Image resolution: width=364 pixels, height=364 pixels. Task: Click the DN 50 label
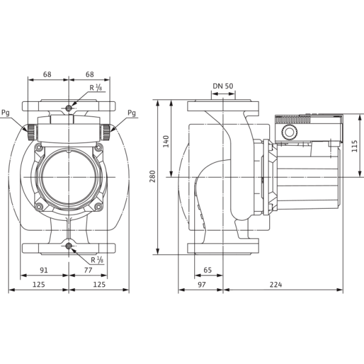[223, 86]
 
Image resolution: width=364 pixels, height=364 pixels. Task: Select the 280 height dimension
[152, 177]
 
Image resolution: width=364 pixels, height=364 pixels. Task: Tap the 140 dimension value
[166, 141]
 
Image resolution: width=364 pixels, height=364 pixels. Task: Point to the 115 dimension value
[354, 146]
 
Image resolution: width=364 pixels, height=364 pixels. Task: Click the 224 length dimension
[276, 285]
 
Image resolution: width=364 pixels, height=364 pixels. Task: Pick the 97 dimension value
[201, 285]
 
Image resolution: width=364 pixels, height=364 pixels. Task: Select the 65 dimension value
[207, 270]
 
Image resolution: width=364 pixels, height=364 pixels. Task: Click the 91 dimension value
[44, 270]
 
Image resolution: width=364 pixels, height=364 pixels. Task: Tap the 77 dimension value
[88, 270]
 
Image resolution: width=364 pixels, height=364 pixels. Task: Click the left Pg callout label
[5, 113]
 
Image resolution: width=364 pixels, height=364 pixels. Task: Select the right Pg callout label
[132, 113]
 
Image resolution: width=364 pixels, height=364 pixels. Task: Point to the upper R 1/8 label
[96, 88]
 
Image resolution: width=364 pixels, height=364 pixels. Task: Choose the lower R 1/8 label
[97, 260]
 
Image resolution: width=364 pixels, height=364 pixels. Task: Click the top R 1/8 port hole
[69, 108]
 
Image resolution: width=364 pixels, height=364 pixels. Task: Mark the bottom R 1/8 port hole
[69, 246]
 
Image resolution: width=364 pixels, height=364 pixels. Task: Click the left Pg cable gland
[32, 132]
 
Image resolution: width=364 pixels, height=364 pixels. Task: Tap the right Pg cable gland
[106, 132]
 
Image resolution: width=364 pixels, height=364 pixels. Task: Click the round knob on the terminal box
[289, 132]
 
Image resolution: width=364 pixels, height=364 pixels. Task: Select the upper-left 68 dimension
[47, 75]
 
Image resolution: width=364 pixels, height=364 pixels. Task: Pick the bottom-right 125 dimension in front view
[99, 285]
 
